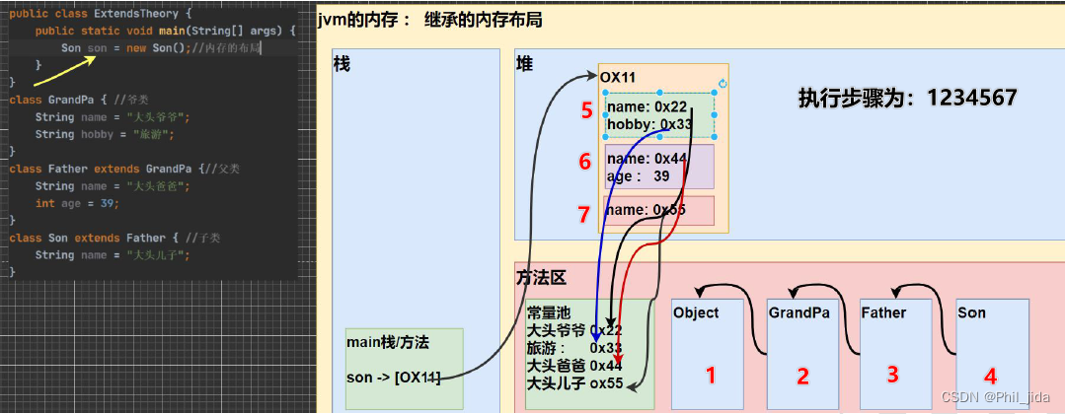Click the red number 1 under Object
707,374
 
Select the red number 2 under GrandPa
802,376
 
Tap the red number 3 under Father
891,374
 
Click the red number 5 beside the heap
586,110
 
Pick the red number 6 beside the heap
586,161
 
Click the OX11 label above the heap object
619,77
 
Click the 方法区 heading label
541,278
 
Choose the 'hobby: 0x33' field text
648,124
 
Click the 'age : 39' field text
638,175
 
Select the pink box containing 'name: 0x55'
658,210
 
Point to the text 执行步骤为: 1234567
907,99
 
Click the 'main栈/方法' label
388,341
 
